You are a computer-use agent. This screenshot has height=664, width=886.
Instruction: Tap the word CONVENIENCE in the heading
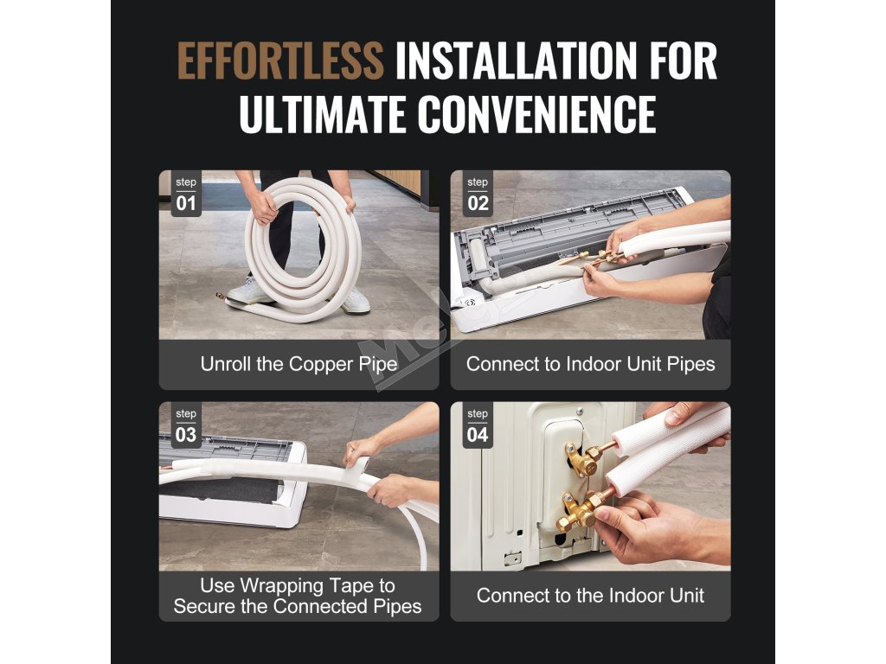pos(536,114)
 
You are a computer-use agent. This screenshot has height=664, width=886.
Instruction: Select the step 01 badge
pos(186,194)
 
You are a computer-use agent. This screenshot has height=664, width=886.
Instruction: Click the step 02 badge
pos(478,194)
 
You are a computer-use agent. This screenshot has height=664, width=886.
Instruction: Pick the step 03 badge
pos(186,425)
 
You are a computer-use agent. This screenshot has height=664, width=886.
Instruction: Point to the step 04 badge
pos(478,425)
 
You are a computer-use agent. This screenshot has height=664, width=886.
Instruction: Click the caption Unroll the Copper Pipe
pos(299,364)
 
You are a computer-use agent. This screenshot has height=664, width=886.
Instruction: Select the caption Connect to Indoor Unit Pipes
pos(590,364)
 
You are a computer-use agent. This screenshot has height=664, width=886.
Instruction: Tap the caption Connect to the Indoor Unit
pos(590,596)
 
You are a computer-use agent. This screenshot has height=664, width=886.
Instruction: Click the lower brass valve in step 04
pos(579,510)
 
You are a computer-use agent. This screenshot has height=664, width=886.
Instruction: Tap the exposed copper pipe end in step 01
pos(221,297)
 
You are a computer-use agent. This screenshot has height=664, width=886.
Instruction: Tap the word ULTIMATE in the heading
pos(323,114)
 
